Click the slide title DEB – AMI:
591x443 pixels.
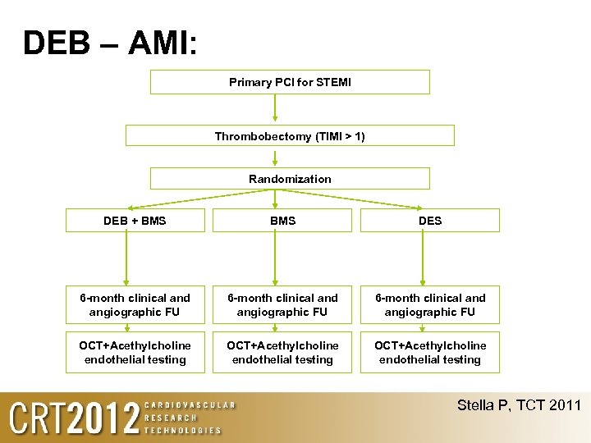110,43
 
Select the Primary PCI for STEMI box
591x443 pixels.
290,82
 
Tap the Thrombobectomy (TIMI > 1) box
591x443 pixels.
290,136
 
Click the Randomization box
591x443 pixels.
290,179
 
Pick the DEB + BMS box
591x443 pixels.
135,220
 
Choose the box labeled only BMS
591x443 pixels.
282,220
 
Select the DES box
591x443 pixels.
429,220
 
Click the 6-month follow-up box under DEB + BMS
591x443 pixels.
135,304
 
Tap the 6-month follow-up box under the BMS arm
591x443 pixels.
282,304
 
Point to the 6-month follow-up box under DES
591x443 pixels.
429,304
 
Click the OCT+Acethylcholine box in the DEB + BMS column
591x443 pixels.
135,352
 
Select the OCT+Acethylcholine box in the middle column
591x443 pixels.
282,352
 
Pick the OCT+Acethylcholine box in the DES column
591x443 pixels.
429,352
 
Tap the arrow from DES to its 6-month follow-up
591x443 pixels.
422,258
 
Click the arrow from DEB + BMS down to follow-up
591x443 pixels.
126,258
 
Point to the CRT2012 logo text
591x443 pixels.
74,418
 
